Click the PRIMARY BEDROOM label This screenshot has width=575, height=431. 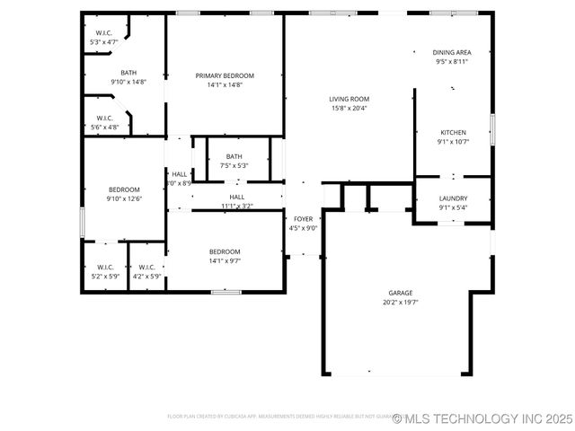click(225, 75)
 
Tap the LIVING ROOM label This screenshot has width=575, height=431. click(349, 99)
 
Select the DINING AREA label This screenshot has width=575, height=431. click(451, 52)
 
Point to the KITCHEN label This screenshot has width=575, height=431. click(453, 132)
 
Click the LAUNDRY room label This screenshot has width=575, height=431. click(453, 198)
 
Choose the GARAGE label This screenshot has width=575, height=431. click(401, 293)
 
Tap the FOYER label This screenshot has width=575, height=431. click(303, 218)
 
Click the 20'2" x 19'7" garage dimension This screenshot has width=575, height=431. click(402, 303)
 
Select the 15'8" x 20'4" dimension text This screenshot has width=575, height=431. click(349, 109)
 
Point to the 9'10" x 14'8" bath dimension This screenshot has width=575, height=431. click(128, 82)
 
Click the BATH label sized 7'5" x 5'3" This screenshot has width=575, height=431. click(234, 156)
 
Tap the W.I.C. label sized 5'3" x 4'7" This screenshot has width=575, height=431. click(104, 33)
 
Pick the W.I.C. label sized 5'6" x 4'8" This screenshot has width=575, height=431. click(104, 118)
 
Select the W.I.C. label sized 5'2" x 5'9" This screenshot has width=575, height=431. click(105, 267)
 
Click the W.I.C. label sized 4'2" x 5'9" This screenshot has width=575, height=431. click(146, 267)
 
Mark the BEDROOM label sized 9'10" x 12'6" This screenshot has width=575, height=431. click(124, 189)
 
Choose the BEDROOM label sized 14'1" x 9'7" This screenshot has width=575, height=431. click(225, 251)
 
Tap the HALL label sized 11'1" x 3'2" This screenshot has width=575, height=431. click(236, 197)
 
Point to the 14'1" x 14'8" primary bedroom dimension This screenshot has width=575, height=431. click(225, 85)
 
